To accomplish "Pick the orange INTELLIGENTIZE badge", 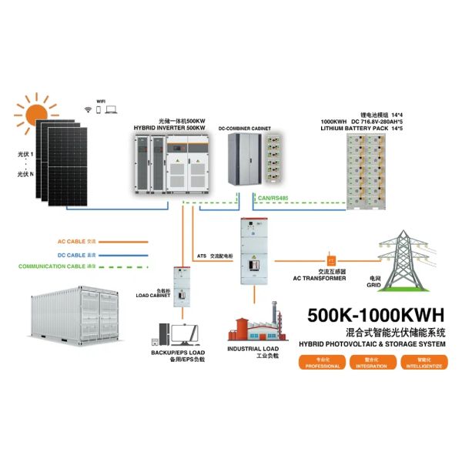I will (x=427, y=363).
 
